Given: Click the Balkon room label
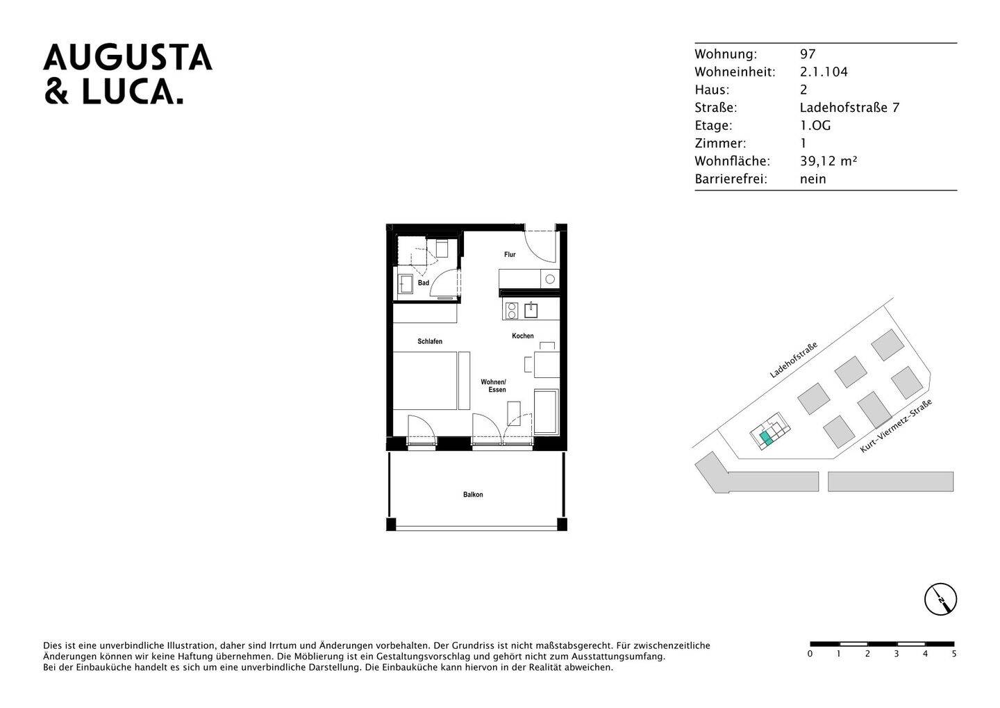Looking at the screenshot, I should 473,495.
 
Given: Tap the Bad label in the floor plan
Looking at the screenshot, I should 423,283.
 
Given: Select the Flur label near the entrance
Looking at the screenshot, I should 510,255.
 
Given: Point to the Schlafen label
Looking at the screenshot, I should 430,342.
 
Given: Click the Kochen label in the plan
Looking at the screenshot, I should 523,336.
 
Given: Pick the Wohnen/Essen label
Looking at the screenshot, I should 494,386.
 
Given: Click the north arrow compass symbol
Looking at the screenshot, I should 940,599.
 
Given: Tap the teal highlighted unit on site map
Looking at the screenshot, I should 766,438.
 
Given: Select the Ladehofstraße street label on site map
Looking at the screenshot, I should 793,359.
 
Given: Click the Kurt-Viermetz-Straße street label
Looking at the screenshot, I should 895,427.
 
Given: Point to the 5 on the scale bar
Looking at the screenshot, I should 954,654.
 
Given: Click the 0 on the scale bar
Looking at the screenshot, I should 810,654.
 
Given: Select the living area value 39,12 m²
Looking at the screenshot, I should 828,161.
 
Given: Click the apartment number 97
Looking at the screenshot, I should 808,54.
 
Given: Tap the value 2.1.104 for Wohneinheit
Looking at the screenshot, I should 824,72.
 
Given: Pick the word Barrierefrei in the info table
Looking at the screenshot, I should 731,179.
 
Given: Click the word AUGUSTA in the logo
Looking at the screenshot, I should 128,58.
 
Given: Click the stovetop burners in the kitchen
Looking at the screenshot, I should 512,310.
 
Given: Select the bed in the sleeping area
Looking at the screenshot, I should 425,381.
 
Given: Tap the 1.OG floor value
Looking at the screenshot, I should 815,126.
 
